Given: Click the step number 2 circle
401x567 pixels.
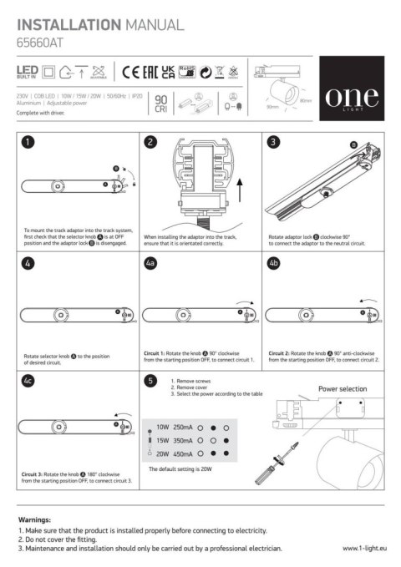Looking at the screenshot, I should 150,143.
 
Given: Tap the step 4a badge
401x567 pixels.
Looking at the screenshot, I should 151,262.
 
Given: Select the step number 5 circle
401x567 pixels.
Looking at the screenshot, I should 150,382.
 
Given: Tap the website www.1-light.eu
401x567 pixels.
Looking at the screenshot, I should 365,549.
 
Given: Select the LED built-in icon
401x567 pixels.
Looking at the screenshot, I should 27,73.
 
